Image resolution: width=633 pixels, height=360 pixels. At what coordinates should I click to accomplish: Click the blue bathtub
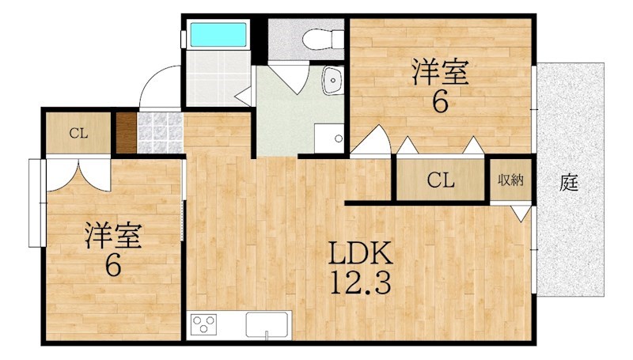[x=218, y=34]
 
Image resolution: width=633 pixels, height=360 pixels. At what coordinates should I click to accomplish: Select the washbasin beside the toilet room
[x=333, y=81]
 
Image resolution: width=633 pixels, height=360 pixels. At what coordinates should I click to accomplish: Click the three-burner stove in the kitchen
[x=203, y=324]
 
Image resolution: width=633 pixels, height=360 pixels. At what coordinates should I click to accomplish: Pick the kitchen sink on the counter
[x=267, y=324]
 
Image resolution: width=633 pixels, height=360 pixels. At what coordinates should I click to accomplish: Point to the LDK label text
[x=360, y=253]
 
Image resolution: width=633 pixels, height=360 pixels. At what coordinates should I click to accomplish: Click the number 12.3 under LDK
[x=360, y=282]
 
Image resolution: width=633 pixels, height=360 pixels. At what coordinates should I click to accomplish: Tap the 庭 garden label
[x=569, y=183]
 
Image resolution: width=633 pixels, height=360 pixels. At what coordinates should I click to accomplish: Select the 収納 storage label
[x=510, y=180]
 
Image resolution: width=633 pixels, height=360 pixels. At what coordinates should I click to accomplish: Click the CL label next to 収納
[x=441, y=180]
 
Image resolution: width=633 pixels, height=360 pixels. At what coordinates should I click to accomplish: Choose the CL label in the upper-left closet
[x=78, y=133]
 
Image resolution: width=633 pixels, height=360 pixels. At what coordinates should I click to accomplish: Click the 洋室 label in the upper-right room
[x=440, y=72]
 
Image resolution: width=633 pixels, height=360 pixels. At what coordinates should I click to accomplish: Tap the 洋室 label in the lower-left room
[x=113, y=235]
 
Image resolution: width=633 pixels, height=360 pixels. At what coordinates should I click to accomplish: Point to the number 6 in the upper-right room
[x=440, y=102]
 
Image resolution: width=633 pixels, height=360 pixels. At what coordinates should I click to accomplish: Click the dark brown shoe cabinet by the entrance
[x=127, y=133]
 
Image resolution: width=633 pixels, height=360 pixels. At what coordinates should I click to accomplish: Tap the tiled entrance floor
[x=161, y=133]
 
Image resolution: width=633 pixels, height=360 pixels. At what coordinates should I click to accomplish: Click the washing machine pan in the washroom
[x=329, y=138]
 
